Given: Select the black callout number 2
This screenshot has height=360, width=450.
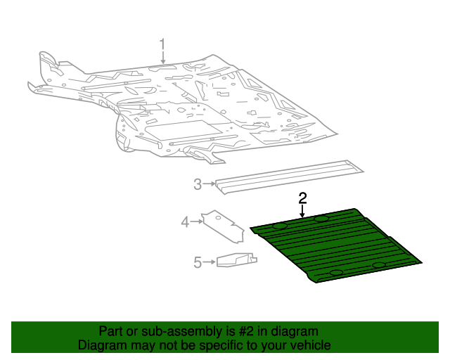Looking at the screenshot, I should pyautogui.click(x=302, y=198).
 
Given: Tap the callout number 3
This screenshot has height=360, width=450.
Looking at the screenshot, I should pyautogui.click(x=198, y=184).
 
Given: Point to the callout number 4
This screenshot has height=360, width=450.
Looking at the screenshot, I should pyautogui.click(x=186, y=222).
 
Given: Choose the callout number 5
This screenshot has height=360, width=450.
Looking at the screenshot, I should pyautogui.click(x=198, y=262).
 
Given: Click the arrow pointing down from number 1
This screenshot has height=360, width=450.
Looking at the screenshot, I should pyautogui.click(x=162, y=60).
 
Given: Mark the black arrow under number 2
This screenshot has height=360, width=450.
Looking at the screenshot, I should pyautogui.click(x=302, y=211).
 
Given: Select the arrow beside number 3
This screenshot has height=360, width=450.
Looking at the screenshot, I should pyautogui.click(x=209, y=184).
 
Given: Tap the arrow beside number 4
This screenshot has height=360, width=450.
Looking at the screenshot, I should pyautogui.click(x=197, y=222).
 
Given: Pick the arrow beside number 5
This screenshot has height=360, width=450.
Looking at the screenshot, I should pyautogui.click(x=209, y=262).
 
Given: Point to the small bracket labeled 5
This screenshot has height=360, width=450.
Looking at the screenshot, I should pyautogui.click(x=236, y=260).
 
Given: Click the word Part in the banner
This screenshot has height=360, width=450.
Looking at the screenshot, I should pyautogui.click(x=111, y=331).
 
